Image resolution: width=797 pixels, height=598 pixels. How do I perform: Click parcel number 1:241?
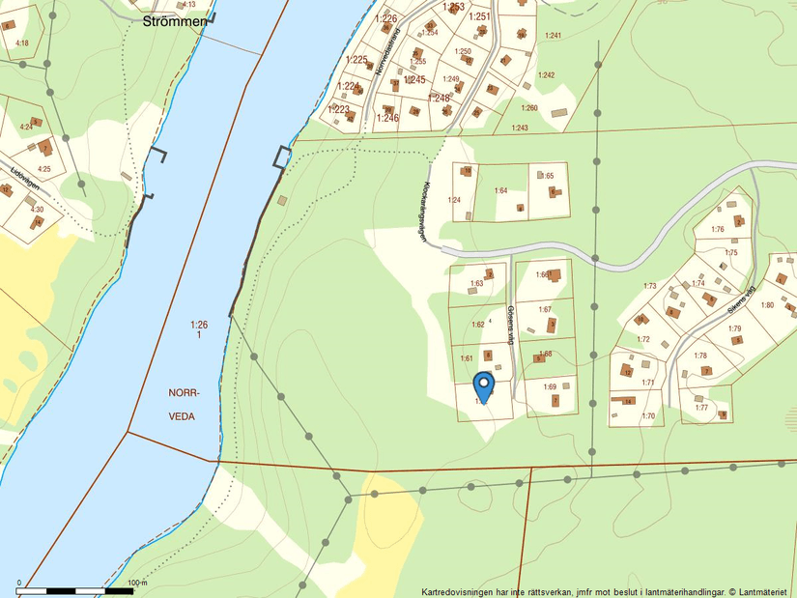(553, 36)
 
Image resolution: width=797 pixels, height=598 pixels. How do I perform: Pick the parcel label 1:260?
(527, 108)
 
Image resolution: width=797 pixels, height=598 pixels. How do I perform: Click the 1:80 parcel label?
(767, 305)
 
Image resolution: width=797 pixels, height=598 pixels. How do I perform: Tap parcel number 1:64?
(500, 190)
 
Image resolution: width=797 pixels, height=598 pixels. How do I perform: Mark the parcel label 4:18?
(22, 43)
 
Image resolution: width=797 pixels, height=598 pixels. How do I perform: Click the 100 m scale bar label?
(137, 584)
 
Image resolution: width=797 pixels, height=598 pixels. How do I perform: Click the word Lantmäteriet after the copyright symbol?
(764, 591)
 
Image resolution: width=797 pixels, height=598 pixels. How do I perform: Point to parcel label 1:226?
(385, 18)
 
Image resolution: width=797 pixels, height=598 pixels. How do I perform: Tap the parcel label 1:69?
(550, 386)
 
